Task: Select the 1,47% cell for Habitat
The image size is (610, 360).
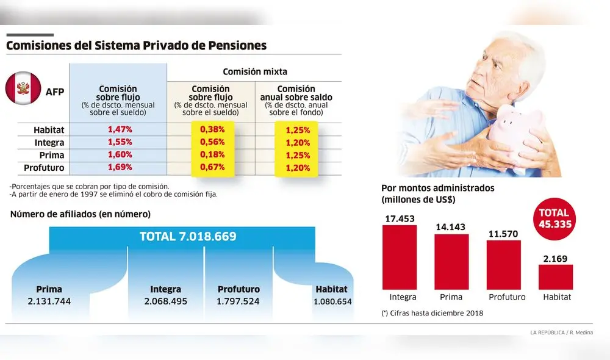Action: (x=120, y=129)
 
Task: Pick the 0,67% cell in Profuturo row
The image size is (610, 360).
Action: (x=213, y=167)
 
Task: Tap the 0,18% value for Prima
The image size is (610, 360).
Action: (x=213, y=154)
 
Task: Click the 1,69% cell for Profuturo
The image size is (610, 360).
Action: (x=120, y=167)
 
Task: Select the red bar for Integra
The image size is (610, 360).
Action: (x=399, y=257)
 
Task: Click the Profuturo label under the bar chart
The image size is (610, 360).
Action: (x=506, y=297)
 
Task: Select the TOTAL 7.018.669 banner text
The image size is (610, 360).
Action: (x=188, y=237)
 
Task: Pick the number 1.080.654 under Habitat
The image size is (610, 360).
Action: (x=332, y=301)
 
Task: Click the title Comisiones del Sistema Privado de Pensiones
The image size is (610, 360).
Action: (x=136, y=46)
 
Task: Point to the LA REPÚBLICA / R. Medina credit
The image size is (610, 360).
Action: (x=561, y=332)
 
